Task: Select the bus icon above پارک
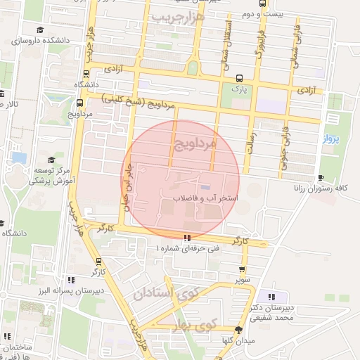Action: (x=240, y=78)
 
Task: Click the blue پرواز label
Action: (x=331, y=139)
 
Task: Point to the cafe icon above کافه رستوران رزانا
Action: (x=321, y=177)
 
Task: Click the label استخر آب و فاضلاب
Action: (x=210, y=199)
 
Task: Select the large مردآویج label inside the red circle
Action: (x=193, y=144)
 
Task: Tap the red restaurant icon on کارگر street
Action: (x=186, y=237)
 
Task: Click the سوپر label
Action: (x=243, y=280)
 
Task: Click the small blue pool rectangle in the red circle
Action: (x=205, y=186)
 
